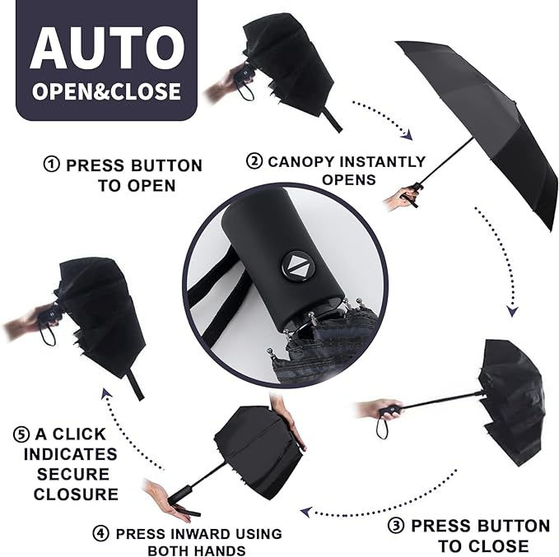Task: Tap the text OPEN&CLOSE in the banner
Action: [x=106, y=90]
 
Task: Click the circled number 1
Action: [x=52, y=165]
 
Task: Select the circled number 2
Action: [x=255, y=161]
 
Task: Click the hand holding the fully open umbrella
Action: [x=401, y=197]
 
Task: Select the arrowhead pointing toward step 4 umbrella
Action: [x=305, y=512]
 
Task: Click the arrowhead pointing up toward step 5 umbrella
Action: [x=106, y=395]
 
